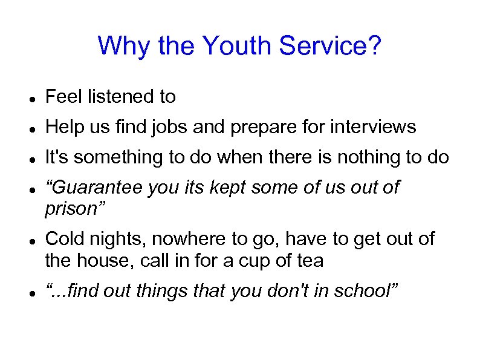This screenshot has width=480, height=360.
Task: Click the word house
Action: point(106,261)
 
